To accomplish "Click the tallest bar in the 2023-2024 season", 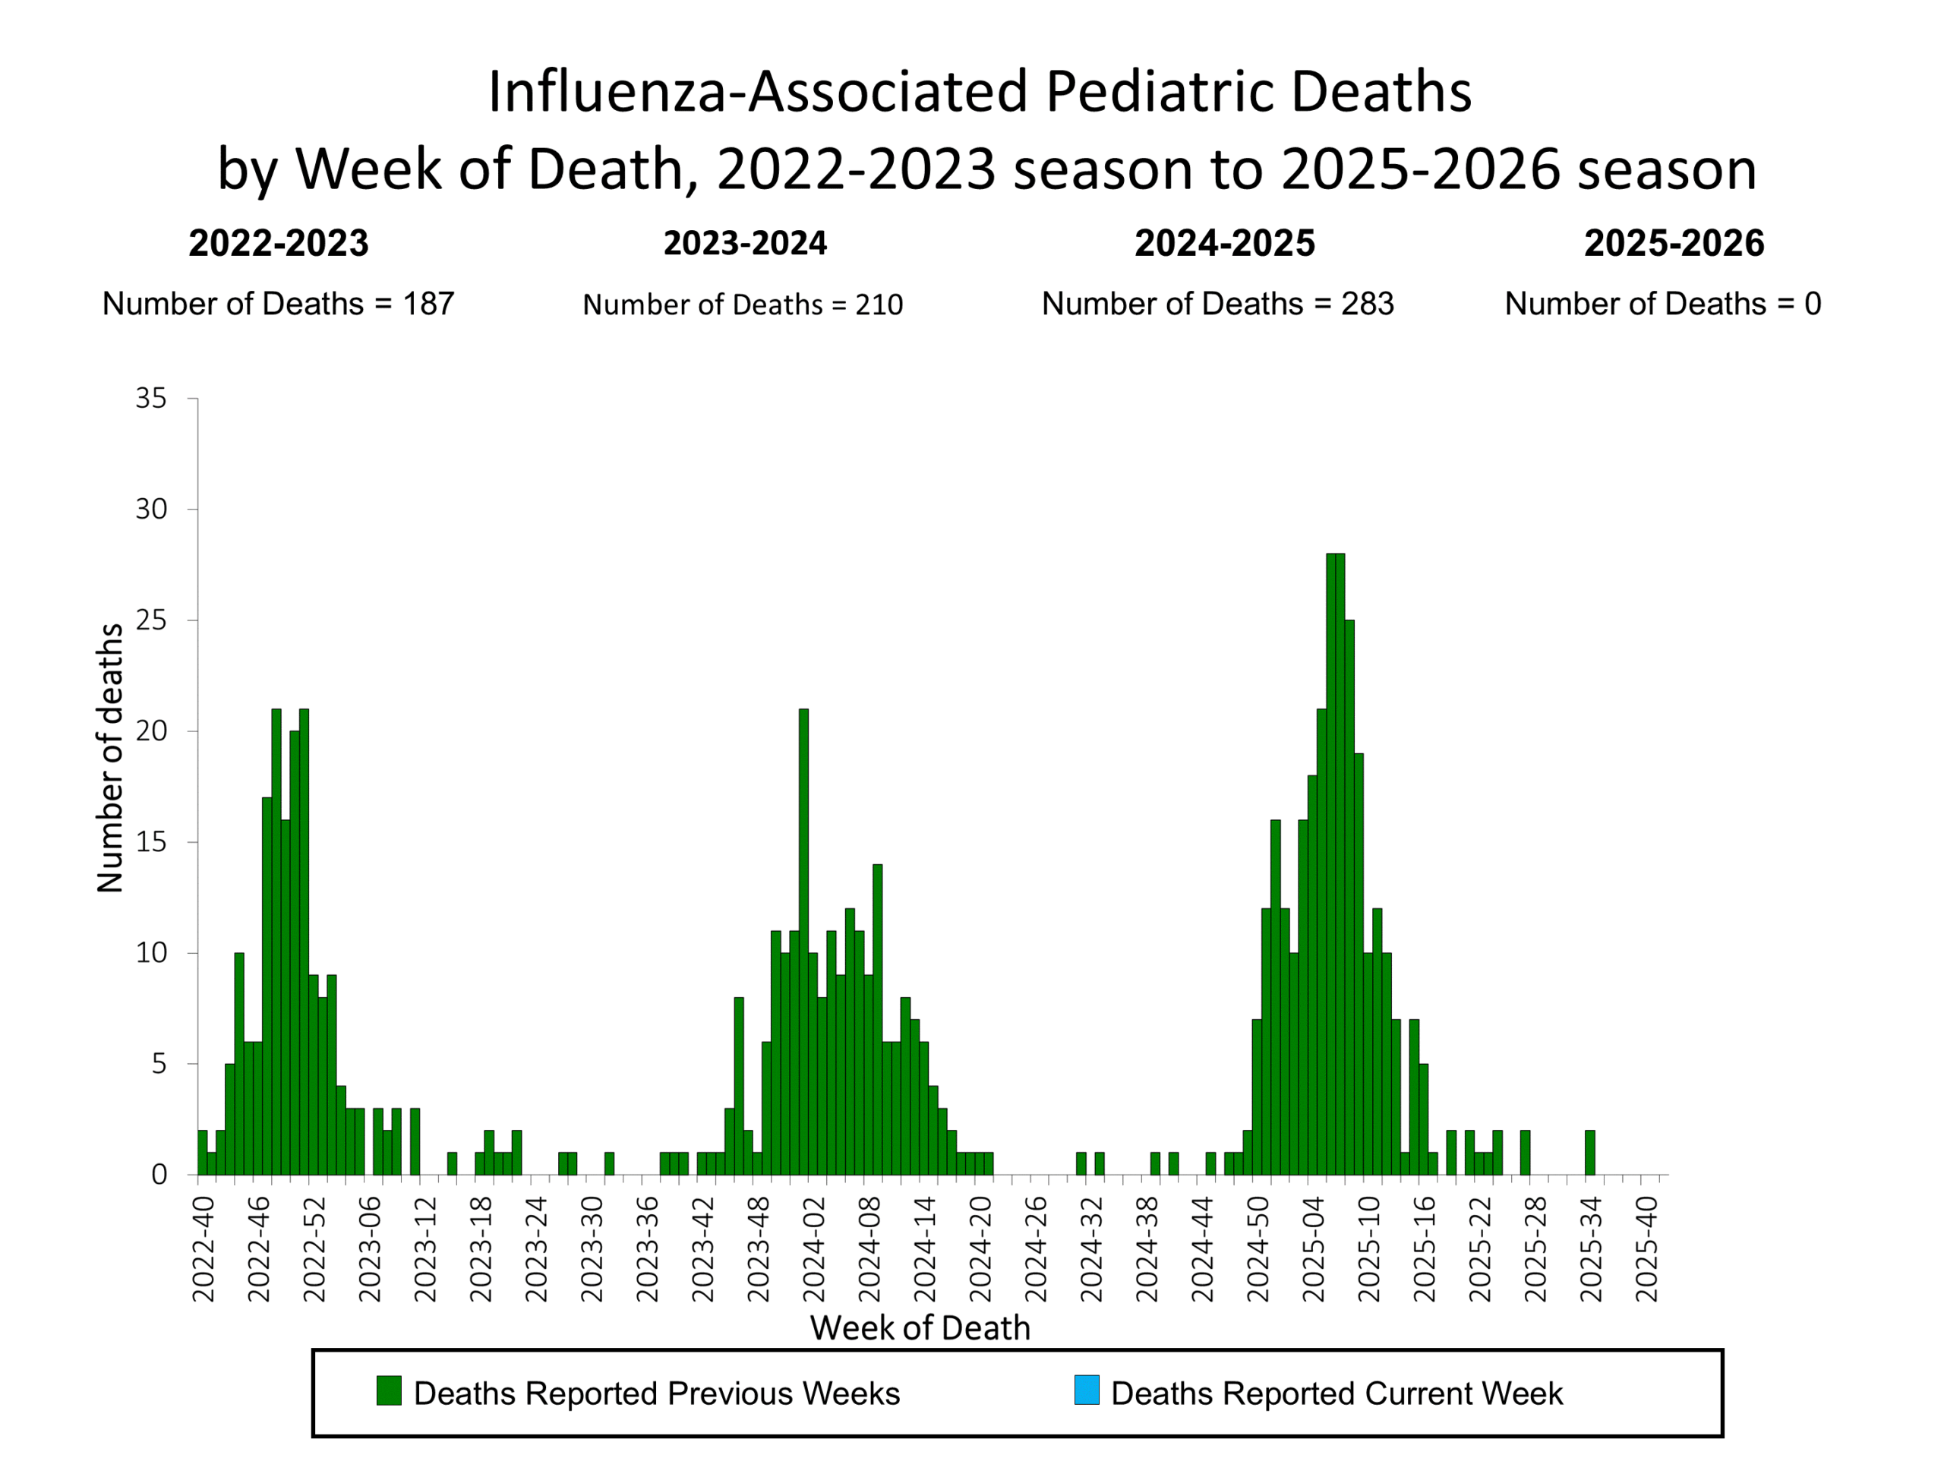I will click(x=803, y=940).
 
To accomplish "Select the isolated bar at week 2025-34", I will click(x=1590, y=1152).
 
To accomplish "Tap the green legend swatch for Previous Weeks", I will click(x=389, y=1390).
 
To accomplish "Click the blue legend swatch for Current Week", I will click(x=1087, y=1390).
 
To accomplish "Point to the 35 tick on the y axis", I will click(x=150, y=398).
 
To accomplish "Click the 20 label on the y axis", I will click(x=150, y=731).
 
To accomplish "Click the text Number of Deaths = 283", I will click(x=1217, y=304).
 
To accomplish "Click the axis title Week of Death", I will click(x=920, y=1328).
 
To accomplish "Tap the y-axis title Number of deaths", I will click(x=110, y=758).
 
